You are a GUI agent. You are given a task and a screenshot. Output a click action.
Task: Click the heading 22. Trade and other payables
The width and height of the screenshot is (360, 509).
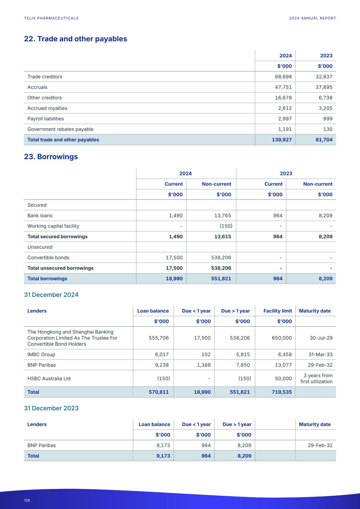coord(75,39)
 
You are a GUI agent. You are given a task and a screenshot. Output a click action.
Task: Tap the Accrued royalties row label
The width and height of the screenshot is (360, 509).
coord(47,108)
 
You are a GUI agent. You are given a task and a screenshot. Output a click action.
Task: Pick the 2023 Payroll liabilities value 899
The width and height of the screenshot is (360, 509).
coord(327,119)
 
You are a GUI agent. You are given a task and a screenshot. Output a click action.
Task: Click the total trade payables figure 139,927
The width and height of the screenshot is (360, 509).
coord(282,140)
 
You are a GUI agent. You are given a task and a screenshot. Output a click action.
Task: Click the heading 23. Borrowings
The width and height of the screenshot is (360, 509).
coord(51,157)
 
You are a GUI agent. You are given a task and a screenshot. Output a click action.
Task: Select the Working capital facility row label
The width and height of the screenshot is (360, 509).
coord(53,226)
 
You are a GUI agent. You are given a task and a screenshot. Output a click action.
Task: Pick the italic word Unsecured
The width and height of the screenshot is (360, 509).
coord(40,247)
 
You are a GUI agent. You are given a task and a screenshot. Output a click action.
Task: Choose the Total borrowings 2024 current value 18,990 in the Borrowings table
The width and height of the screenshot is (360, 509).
coord(174,279)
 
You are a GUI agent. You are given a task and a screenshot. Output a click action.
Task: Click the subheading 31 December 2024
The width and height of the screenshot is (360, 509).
coord(51,295)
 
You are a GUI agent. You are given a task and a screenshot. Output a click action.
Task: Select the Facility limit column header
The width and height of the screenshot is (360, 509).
coord(277,311)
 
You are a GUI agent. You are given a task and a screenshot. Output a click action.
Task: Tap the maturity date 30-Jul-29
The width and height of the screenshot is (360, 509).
coord(321,338)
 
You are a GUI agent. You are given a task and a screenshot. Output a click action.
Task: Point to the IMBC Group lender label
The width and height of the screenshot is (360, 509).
coord(41,355)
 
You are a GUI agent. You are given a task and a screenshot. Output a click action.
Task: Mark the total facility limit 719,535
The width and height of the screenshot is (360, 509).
coord(281,392)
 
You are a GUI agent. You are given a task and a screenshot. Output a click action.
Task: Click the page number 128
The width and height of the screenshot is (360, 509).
coord(27,500)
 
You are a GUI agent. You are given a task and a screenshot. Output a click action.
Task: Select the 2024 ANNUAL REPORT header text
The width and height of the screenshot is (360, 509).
coord(312,18)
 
